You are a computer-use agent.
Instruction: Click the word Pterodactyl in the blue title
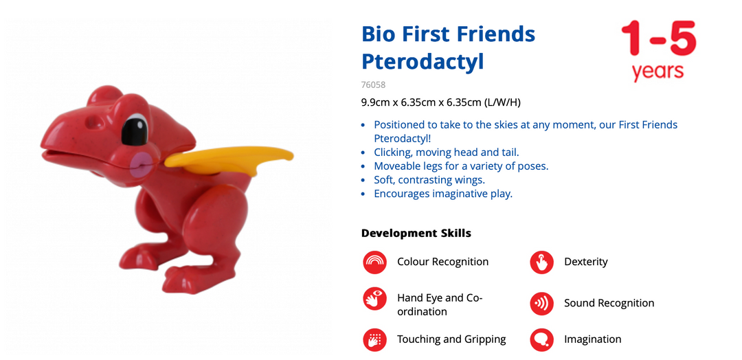point(423,61)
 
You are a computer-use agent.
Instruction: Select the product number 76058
point(373,85)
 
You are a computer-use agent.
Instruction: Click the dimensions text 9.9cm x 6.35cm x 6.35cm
point(421,102)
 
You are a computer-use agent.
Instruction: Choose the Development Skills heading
point(416,233)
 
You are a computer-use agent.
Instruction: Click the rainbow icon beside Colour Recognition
point(375,262)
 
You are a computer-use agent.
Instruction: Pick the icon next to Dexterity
point(541,262)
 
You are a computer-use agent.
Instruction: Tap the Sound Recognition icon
point(541,303)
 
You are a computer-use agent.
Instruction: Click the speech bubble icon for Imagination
point(541,339)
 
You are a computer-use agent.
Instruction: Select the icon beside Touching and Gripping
point(375,339)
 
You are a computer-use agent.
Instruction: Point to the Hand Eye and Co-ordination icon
point(375,300)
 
